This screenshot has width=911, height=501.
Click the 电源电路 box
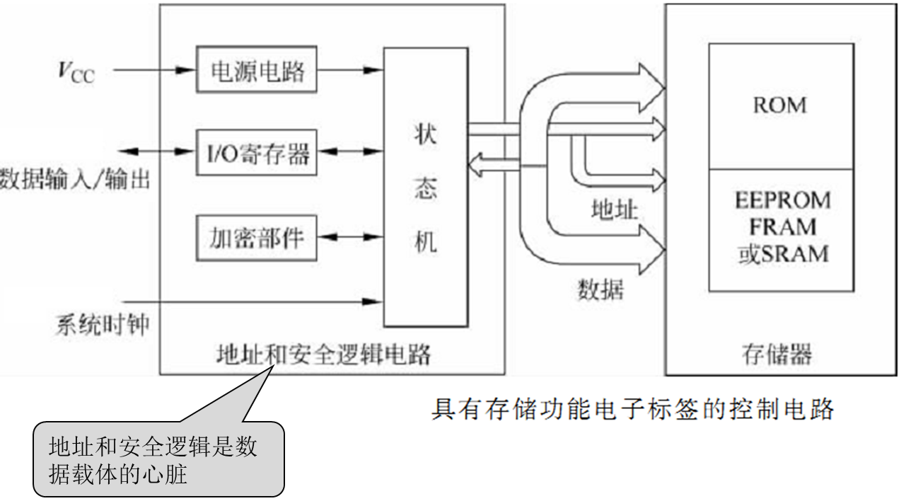click(x=257, y=70)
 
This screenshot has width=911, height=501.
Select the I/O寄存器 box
click(x=257, y=151)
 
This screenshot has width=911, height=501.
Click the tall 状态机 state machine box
click(x=425, y=187)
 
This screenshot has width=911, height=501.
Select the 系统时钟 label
click(x=102, y=326)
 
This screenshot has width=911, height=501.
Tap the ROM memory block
click(x=779, y=106)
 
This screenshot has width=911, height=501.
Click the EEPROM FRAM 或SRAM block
click(x=779, y=229)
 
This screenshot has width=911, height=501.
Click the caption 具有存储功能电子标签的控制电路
click(x=632, y=408)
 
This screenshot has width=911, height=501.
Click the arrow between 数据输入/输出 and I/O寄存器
click(x=156, y=151)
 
